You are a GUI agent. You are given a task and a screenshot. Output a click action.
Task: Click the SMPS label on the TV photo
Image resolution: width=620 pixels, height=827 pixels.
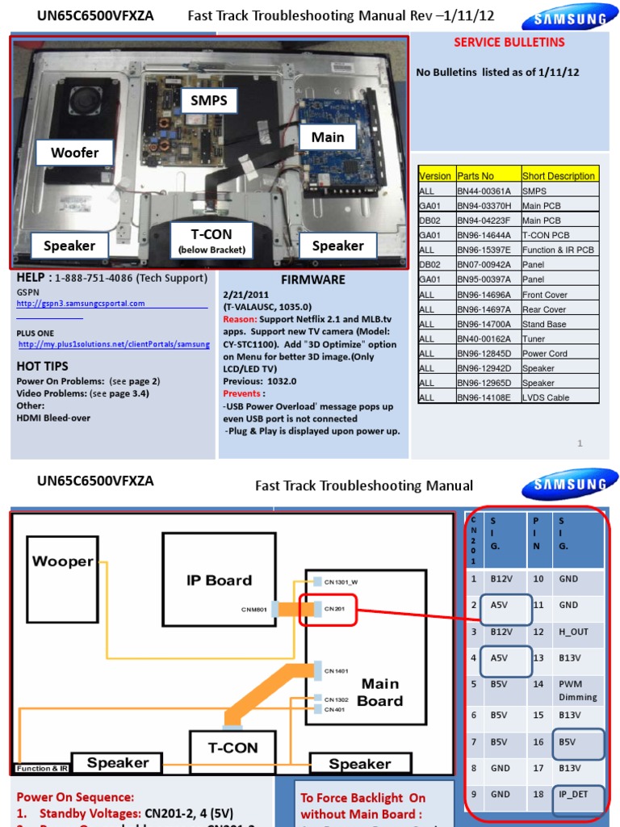click(x=209, y=101)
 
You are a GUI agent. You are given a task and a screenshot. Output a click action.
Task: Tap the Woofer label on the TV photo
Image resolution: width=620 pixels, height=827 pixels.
click(x=74, y=152)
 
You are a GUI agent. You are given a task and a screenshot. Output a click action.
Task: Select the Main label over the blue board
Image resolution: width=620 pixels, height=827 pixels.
click(x=328, y=137)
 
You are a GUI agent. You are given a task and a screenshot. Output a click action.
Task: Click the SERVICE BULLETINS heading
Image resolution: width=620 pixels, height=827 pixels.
click(x=509, y=42)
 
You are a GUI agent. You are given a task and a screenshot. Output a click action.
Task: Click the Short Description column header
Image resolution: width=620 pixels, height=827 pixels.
click(x=559, y=176)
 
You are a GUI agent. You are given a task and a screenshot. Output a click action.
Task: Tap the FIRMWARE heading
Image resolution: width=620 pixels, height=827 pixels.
click(x=312, y=279)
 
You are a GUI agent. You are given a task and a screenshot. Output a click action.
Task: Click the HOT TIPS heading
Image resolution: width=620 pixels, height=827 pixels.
click(x=43, y=366)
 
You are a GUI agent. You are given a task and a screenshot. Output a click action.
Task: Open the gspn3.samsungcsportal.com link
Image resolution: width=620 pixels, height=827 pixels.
click(x=81, y=304)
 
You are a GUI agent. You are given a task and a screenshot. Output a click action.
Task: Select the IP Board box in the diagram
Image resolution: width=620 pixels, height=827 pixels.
click(x=219, y=580)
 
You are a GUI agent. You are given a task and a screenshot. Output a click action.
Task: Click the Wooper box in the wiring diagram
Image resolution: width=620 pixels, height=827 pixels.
click(x=62, y=561)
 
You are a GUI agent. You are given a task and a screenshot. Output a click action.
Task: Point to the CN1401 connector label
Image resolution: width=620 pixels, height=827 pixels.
click(x=337, y=670)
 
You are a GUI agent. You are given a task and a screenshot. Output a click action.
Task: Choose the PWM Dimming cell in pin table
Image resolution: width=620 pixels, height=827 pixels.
click(x=576, y=691)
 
